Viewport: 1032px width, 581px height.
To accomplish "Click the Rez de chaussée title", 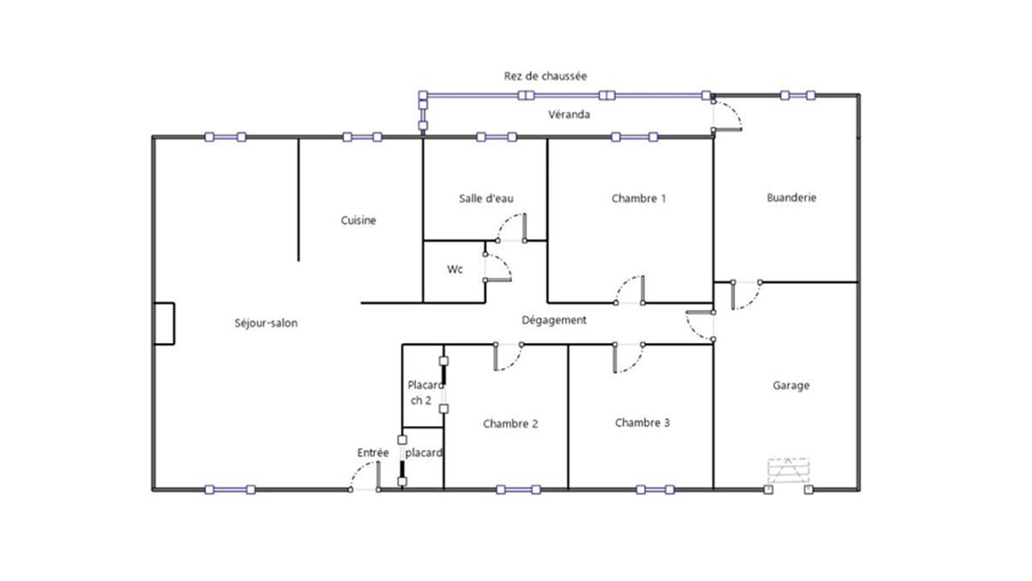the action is click(x=545, y=76).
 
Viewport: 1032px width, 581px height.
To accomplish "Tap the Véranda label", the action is click(x=569, y=115).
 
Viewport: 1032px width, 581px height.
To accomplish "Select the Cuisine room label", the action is click(x=359, y=220).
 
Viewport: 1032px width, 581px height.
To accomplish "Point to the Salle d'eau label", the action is click(x=486, y=199).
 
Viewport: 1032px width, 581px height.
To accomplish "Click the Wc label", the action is click(x=455, y=270).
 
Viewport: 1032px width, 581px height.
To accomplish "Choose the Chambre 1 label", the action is click(x=639, y=199).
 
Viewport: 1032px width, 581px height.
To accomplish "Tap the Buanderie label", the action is click(x=792, y=198).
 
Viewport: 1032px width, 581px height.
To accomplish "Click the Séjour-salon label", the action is click(x=266, y=324).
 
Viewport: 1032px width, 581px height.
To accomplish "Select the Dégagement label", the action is click(x=554, y=320).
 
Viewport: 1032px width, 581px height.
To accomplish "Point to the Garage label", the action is click(x=791, y=386).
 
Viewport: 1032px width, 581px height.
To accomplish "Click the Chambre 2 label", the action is click(x=510, y=424).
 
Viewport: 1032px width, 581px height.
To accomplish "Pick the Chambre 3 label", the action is click(x=643, y=423).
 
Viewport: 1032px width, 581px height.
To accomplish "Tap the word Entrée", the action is click(x=372, y=453).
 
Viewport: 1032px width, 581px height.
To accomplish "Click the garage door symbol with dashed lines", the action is click(x=789, y=470).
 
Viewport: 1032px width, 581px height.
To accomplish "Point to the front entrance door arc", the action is click(x=359, y=470).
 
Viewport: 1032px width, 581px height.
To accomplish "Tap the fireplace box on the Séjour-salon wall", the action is click(x=164, y=324).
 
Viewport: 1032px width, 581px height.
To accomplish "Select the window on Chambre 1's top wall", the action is click(x=635, y=137).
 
